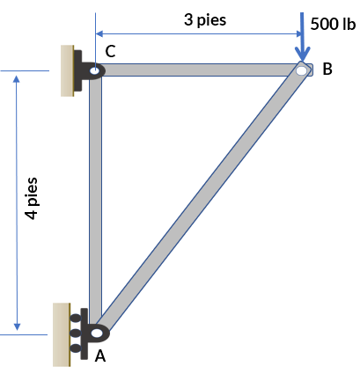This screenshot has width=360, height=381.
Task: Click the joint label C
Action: [110, 51]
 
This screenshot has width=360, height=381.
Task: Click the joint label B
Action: [327, 69]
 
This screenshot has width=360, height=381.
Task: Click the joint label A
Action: [100, 356]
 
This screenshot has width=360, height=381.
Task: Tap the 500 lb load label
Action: [333, 24]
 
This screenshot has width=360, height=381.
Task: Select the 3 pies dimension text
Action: [205, 20]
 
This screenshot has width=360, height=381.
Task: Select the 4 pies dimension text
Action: [32, 199]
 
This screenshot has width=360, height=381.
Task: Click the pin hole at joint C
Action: [94, 70]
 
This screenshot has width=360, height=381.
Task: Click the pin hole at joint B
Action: [301, 70]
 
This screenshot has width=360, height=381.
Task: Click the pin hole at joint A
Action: [97, 333]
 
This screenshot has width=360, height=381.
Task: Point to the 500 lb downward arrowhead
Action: [303, 54]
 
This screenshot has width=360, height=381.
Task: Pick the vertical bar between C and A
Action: [96, 200]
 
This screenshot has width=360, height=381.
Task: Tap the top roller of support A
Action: [76, 318]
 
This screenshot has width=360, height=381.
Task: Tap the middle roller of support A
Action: [76, 333]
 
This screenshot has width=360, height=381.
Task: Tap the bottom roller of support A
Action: [76, 348]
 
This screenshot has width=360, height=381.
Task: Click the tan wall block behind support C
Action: [67, 70]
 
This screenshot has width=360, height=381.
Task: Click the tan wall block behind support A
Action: [62, 334]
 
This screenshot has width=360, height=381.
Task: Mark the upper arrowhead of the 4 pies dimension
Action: [17, 79]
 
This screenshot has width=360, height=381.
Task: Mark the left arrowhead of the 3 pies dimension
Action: [99, 33]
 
